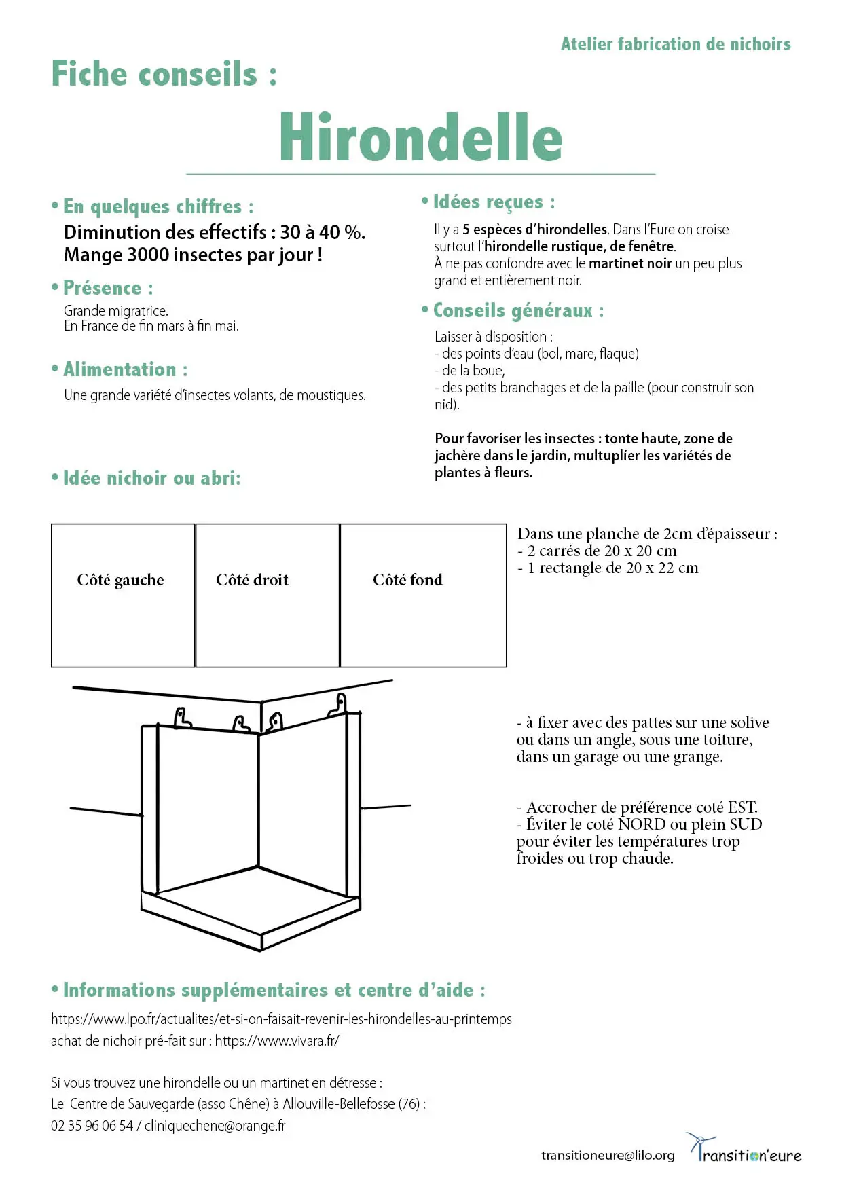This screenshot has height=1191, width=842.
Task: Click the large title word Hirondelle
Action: coord(421,138)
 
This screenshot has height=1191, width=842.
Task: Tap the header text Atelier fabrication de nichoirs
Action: coord(675,44)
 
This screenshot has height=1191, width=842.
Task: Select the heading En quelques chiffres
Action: coord(158,206)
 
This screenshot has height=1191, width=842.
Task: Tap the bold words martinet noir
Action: coord(629,263)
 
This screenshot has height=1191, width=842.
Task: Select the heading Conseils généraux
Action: coord(518,310)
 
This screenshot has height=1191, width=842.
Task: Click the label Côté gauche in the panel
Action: coord(120,580)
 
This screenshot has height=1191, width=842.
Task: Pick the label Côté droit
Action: coord(252,580)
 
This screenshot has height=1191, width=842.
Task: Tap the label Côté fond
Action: coord(407,580)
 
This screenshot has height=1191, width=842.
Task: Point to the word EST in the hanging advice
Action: coord(742,807)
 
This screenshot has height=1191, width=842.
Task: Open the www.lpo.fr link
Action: coord(281,1019)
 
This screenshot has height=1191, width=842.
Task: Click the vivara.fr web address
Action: coord(277,1041)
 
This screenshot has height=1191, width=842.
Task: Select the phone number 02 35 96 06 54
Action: coord(92,1126)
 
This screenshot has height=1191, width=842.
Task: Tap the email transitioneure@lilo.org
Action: coord(608,1155)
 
